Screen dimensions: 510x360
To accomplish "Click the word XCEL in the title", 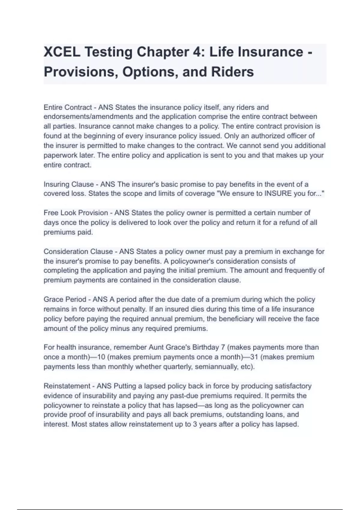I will click(62, 52).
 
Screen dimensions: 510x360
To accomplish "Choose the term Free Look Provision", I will click(76, 213).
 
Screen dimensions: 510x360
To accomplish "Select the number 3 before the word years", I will click(195, 424).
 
